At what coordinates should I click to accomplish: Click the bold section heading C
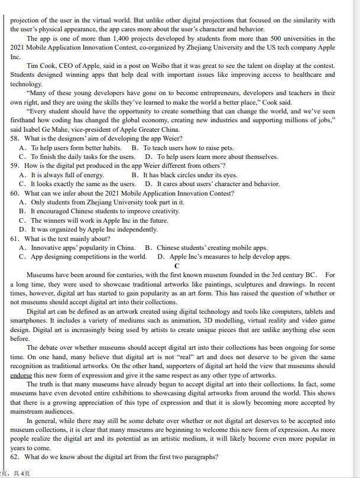176,266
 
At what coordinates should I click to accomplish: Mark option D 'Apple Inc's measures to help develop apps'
223,256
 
